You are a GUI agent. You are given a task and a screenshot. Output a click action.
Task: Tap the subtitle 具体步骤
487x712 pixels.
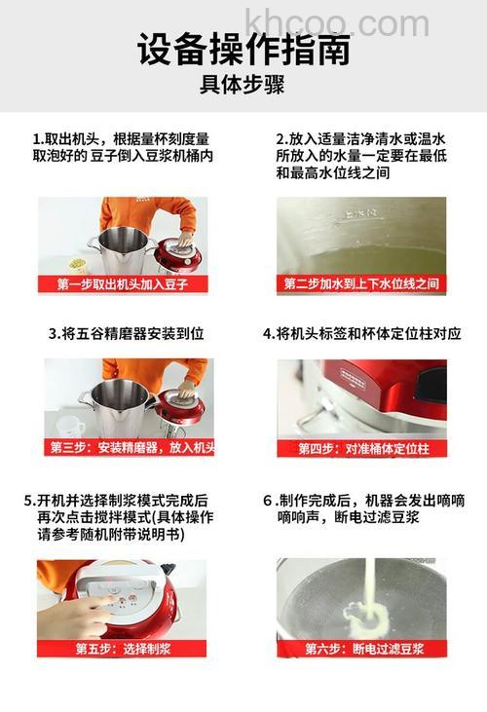pos(243,86)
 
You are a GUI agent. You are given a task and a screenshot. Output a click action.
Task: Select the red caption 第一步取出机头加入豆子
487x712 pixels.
pos(122,284)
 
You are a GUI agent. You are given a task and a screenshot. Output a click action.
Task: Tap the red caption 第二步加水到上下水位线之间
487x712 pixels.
pos(361,284)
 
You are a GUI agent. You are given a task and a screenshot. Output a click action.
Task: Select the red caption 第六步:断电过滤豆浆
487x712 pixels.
pos(361,648)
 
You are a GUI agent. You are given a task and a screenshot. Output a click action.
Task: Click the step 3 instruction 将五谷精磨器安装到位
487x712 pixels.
pos(127,333)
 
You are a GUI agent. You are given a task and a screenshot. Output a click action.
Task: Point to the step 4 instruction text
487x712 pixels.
pos(361,333)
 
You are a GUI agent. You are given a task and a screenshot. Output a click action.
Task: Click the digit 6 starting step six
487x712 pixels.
pos(267,501)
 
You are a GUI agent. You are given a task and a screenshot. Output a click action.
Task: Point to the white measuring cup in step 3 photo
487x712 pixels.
pos(69,426)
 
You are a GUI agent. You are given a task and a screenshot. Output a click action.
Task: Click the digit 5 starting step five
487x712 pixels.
pos(29,501)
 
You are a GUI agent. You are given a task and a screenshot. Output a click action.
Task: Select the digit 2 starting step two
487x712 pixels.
pos(281,138)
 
